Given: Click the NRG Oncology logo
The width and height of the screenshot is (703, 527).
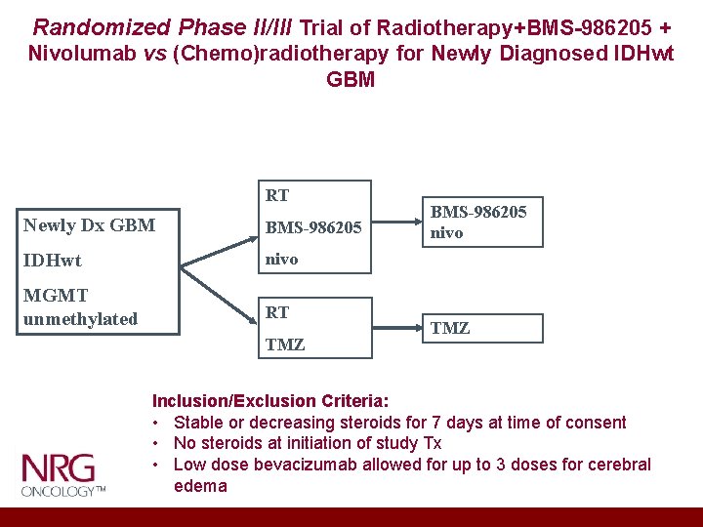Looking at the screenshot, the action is pyautogui.click(x=63, y=474).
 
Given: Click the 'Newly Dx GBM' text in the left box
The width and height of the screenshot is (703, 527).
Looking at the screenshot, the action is pyautogui.click(x=89, y=225).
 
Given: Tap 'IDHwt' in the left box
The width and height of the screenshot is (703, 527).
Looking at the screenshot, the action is pyautogui.click(x=53, y=261).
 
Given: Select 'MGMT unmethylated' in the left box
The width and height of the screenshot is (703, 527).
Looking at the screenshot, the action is pyautogui.click(x=80, y=307).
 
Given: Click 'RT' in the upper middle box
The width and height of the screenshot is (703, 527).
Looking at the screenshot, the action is pyautogui.click(x=277, y=196).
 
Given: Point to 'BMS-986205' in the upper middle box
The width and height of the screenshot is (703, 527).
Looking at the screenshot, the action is pyautogui.click(x=313, y=228).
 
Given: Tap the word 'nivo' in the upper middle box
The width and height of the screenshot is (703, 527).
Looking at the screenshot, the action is pyautogui.click(x=282, y=259).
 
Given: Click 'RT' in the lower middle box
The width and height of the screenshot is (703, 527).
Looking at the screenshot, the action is pyautogui.click(x=277, y=312).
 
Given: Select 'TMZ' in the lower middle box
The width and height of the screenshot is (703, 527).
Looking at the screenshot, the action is pyautogui.click(x=285, y=345).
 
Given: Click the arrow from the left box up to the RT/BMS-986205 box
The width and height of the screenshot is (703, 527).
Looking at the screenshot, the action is pyautogui.click(x=220, y=244).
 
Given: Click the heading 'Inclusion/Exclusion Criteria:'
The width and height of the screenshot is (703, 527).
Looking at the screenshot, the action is pyautogui.click(x=269, y=401).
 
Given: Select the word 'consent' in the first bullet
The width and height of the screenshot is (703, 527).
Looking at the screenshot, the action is pyautogui.click(x=593, y=423).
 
